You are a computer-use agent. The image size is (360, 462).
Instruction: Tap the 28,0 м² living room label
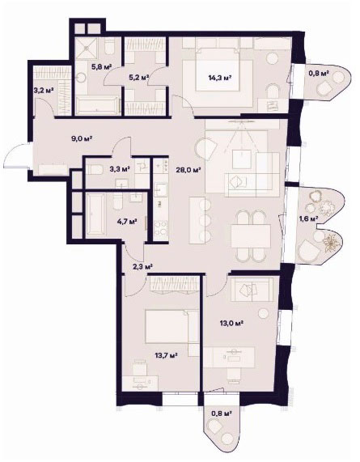(188, 170)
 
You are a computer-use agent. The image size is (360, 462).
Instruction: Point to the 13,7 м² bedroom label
(166, 356)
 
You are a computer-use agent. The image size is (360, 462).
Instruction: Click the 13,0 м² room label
(231, 323)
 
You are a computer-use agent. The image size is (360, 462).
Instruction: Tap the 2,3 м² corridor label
(142, 267)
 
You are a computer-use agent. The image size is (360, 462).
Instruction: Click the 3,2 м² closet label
(44, 90)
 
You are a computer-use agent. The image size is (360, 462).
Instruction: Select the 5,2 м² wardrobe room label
(139, 78)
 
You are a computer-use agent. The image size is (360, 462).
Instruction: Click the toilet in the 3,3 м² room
(95, 169)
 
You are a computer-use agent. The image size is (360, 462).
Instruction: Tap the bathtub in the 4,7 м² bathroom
(95, 214)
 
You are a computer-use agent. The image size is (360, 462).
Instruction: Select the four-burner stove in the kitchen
(160, 226)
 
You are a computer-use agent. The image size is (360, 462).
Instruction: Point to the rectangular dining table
(251, 236)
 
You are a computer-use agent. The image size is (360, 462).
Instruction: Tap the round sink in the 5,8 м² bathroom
(80, 78)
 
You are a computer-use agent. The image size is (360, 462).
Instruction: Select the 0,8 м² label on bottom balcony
(221, 413)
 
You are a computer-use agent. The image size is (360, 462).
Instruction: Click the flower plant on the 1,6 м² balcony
(332, 242)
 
